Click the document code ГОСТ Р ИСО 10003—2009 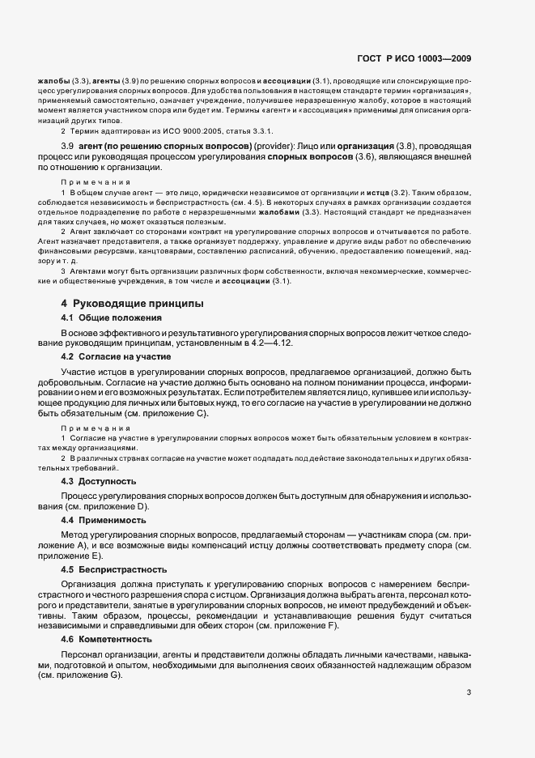(414, 58)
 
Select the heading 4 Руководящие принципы (121, 303)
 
